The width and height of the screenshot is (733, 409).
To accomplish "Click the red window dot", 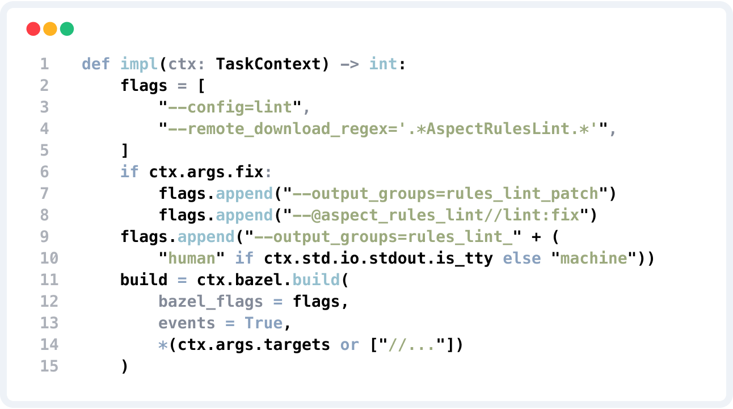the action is [x=33, y=29].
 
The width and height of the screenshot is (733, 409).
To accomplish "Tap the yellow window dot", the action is [x=50, y=29].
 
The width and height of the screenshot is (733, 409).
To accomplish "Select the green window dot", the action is [x=67, y=29].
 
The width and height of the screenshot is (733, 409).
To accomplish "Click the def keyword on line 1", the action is [x=96, y=64].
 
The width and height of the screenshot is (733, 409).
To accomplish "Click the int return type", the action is [x=384, y=64].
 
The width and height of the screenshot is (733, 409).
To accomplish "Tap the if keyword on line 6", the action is [x=129, y=172].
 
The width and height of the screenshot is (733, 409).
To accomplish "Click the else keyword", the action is [x=522, y=258].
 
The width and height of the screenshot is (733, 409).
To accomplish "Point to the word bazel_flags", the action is [x=211, y=301].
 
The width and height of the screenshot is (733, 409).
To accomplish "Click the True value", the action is [x=264, y=323].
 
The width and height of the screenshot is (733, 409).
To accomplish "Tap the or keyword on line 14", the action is [x=349, y=344].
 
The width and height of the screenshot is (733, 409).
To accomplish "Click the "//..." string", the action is [x=408, y=344].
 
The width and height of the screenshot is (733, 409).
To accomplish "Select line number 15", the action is [x=49, y=366].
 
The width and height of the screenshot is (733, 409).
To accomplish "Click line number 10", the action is [x=49, y=258].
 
